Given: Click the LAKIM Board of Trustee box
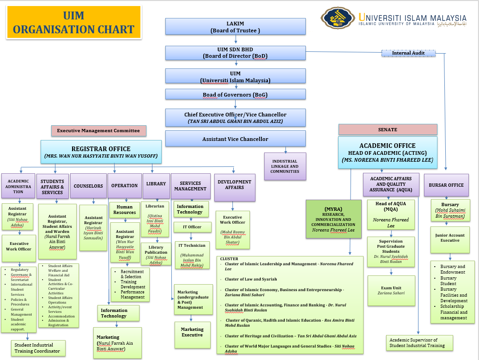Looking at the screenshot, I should point(236,26).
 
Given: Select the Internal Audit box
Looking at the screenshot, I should point(408,53).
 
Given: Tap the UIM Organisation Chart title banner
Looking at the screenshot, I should point(73,23).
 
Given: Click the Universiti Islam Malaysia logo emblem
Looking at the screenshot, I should point(339,18).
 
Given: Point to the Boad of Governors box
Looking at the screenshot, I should point(236,94).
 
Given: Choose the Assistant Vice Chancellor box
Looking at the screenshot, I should point(236,139).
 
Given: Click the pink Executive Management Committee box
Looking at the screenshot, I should point(98,131).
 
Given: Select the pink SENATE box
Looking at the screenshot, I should point(388,129).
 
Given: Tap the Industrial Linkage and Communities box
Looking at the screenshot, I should point(285,166).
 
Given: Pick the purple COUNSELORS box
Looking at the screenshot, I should point(88,186).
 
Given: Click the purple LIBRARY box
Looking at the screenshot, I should point(156,184).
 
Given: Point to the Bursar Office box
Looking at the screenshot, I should point(446,185).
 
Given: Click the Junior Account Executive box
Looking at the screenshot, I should point(450,238).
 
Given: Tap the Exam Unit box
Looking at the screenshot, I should point(391,290).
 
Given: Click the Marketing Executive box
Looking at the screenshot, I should point(192,332).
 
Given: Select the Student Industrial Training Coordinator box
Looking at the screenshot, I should point(37,348).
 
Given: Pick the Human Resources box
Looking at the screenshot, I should point(125,210).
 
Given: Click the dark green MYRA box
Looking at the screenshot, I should point(333,219).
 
